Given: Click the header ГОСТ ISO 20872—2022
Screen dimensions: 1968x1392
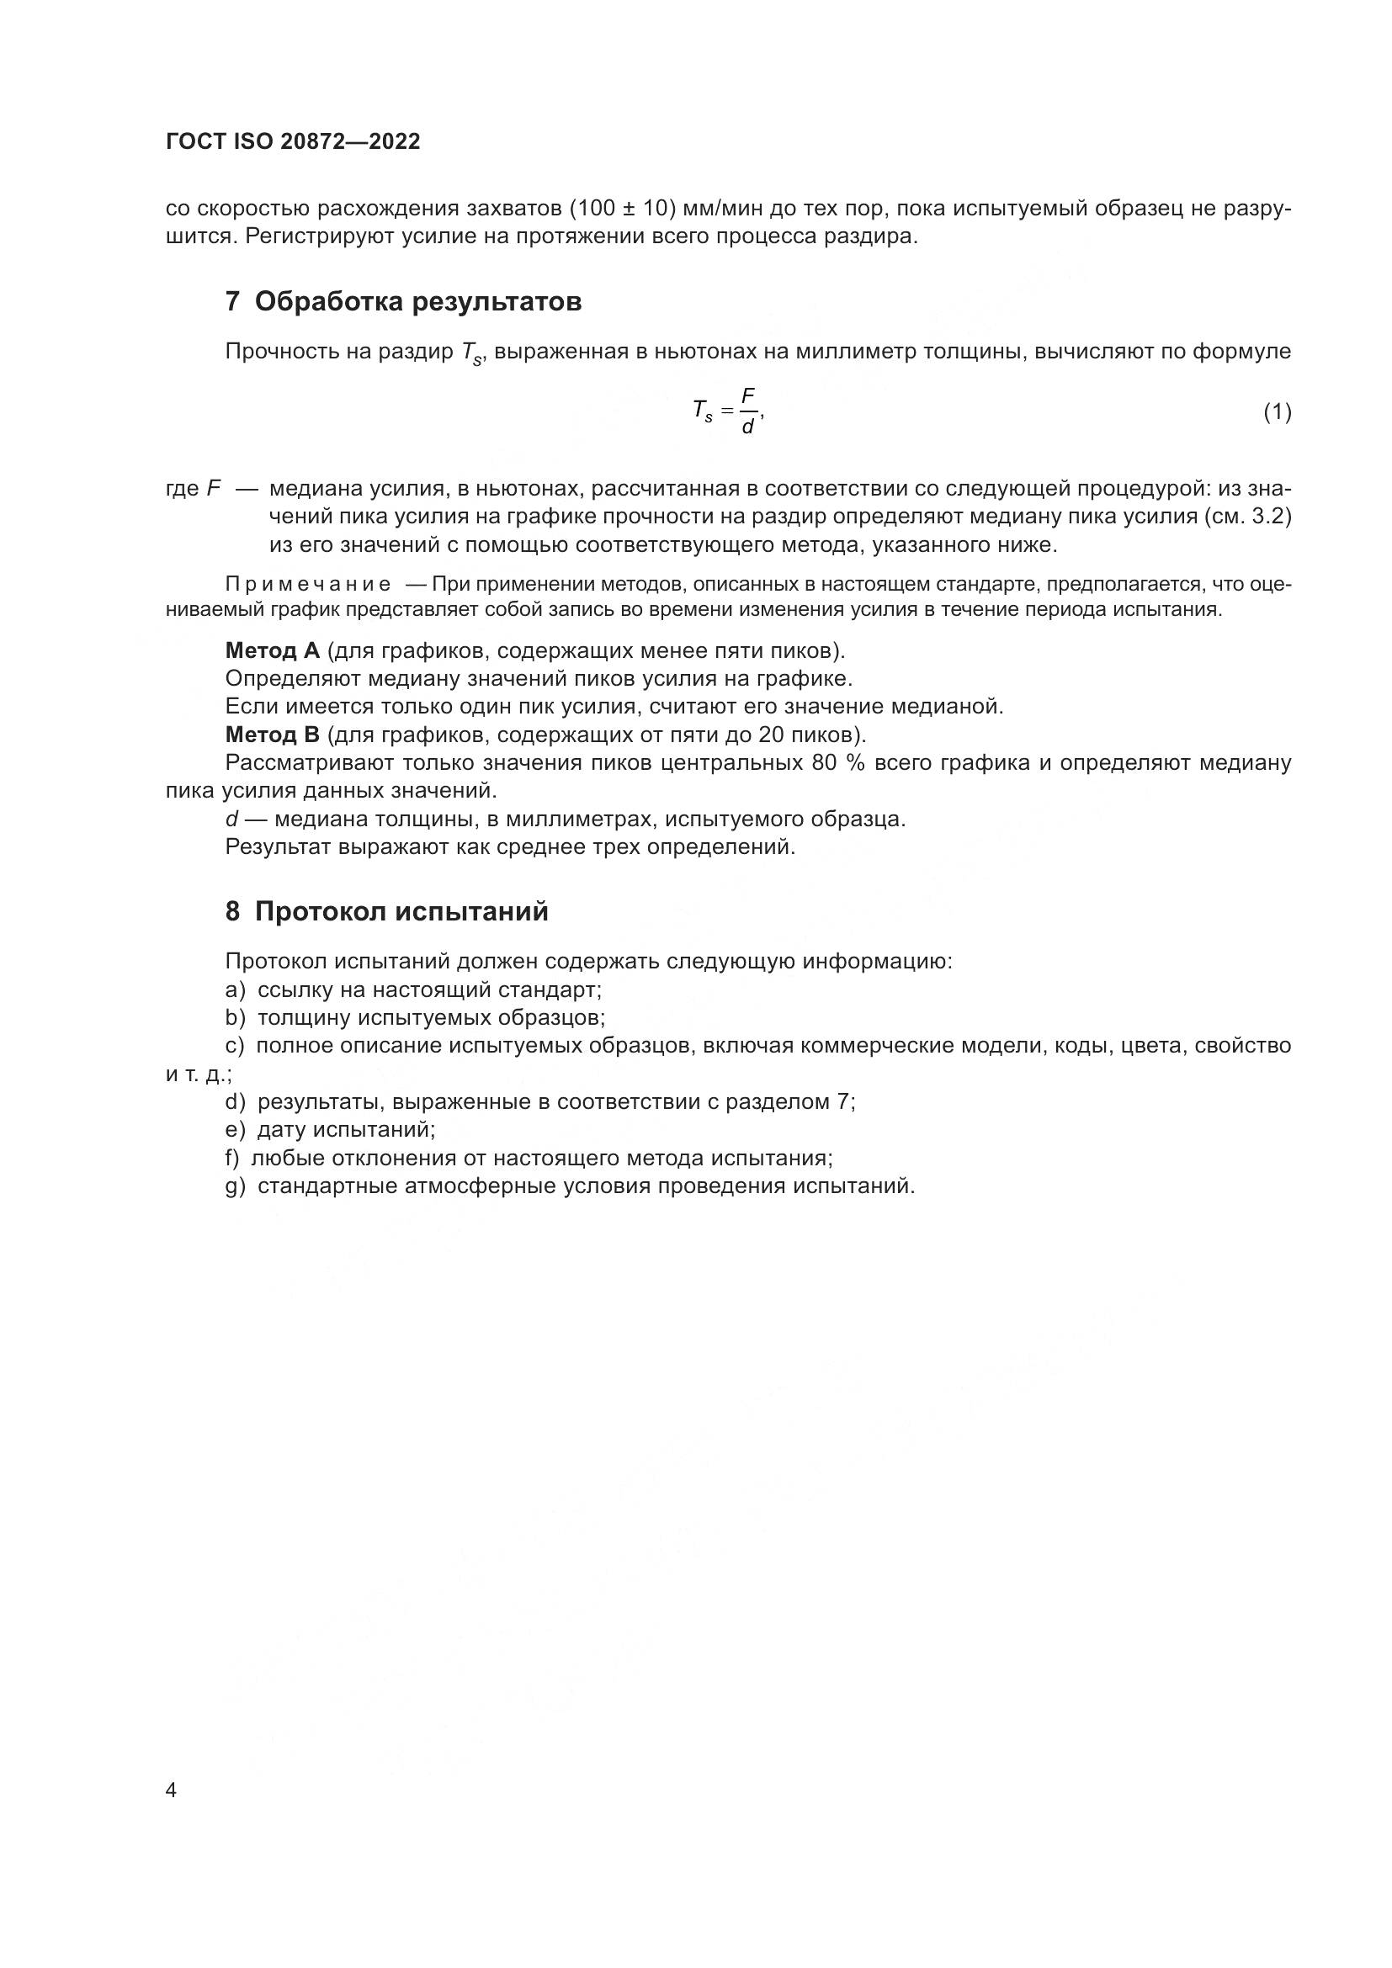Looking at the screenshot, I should pos(292,142).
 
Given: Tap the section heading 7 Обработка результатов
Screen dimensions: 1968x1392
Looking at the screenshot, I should pos(403,302).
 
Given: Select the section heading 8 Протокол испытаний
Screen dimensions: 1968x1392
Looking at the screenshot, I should pos(386,911).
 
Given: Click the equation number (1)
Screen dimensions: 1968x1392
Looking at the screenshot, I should pos(1277,412).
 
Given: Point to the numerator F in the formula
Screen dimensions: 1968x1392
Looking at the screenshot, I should pos(747,395).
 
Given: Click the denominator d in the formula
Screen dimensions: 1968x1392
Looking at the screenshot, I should pos(747,427).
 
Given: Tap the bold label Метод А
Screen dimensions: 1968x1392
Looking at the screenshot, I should pos(272,650).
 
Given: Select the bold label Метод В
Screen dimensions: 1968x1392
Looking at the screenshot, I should pos(272,735).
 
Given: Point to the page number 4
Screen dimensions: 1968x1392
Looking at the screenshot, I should pos(172,1790).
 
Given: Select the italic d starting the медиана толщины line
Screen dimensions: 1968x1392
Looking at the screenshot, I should pos(231,820).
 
